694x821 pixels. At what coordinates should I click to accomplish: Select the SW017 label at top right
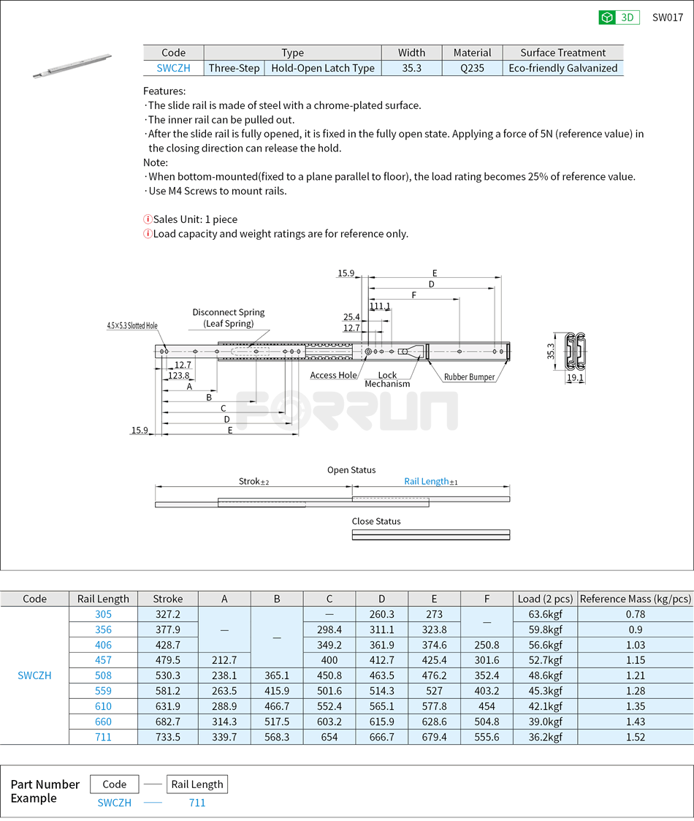tap(667, 18)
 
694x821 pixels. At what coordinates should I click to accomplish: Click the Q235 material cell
tap(472, 68)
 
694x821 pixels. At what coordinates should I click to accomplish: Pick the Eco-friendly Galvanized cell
tap(563, 68)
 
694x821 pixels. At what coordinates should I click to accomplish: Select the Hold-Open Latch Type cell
tap(322, 68)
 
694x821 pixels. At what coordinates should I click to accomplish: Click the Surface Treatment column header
tap(563, 53)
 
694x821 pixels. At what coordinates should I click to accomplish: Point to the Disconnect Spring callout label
tap(229, 317)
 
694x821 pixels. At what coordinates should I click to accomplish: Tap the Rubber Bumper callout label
tap(469, 377)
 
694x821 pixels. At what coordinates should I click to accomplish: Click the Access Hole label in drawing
tap(333, 375)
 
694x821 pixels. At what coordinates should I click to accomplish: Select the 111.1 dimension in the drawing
tap(379, 306)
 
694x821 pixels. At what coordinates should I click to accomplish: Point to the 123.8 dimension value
tap(178, 375)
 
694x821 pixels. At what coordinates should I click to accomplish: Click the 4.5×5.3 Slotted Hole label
tap(131, 325)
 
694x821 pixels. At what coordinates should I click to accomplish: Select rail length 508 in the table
tap(103, 676)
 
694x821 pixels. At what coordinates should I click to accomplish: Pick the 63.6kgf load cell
tap(545, 614)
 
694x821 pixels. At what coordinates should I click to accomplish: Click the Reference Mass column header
tap(635, 599)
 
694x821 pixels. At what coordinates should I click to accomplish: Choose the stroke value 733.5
tap(167, 737)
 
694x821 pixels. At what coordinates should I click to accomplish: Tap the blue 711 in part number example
tap(197, 803)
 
